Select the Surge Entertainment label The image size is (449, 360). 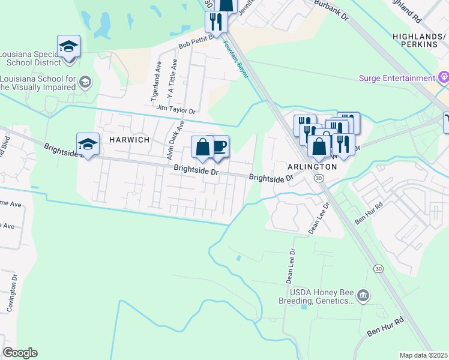click(397, 79)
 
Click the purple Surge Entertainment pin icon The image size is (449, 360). click(444, 77)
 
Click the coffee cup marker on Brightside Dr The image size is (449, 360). click(219, 146)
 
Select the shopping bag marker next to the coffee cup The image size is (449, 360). click(203, 146)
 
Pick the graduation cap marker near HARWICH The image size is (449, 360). click(88, 143)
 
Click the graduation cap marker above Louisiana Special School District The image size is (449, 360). click(69, 46)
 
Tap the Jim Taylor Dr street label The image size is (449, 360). click(176, 110)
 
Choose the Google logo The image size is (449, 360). click(20, 353)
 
